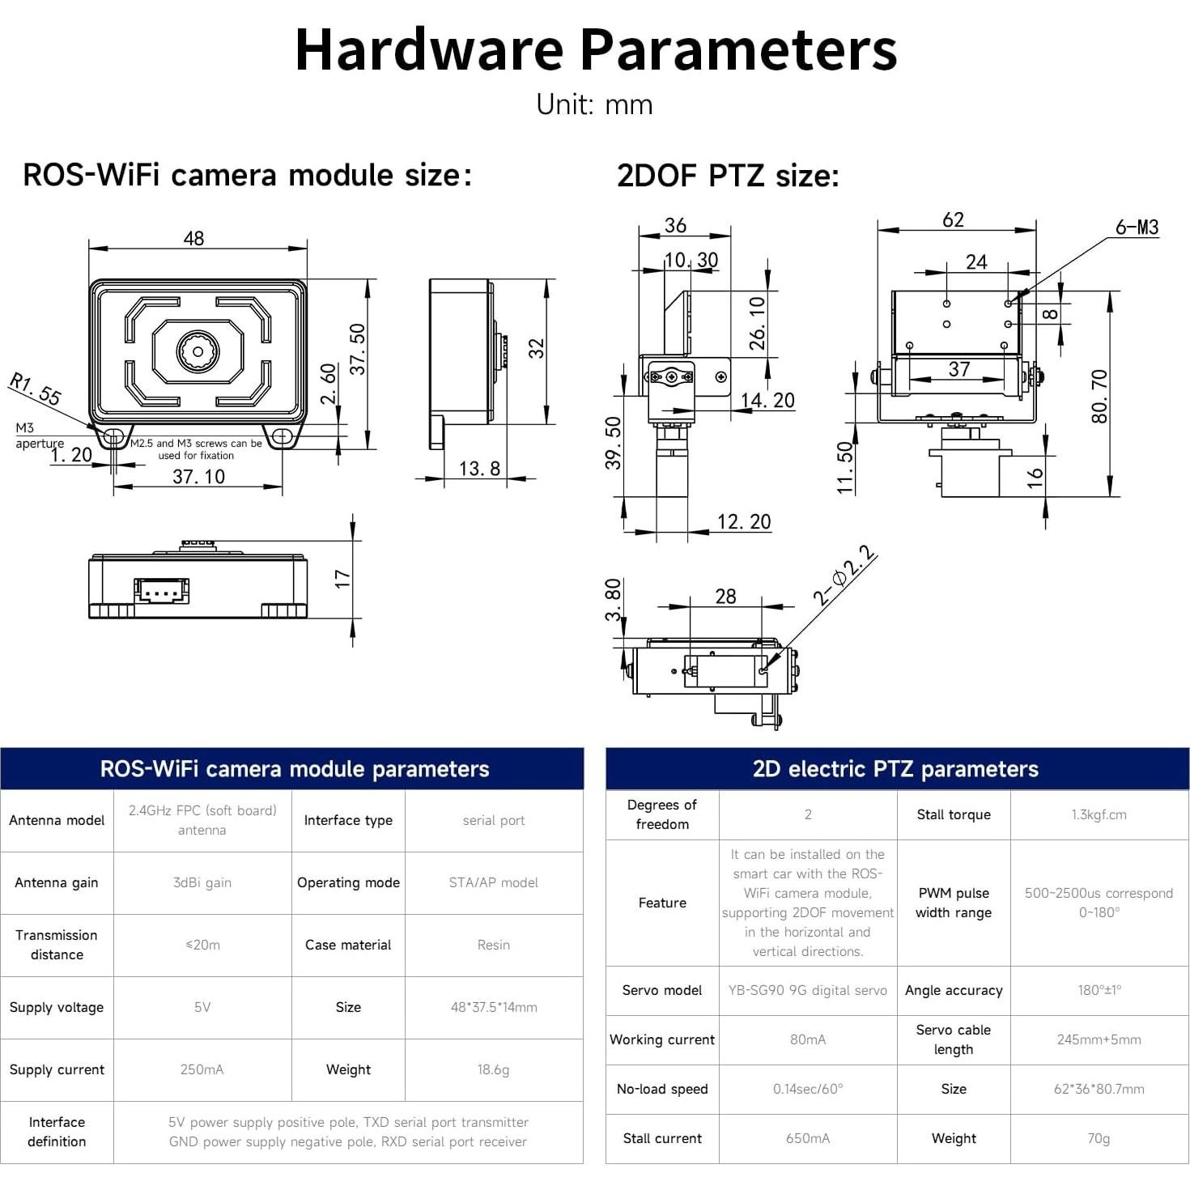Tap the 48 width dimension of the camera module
(193, 238)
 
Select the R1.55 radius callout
(36, 389)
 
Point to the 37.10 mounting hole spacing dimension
(198, 477)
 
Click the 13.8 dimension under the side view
(479, 469)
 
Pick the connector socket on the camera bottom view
(162, 591)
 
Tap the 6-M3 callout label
(1137, 227)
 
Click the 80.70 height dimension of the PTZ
(1099, 396)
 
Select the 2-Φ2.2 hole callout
(844, 576)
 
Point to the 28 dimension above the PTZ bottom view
(725, 597)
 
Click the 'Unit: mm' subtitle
(594, 104)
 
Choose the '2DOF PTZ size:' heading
(728, 176)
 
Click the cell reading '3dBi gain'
(202, 882)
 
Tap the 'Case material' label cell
(348, 945)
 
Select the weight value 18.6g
(493, 1069)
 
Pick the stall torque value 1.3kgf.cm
(1099, 814)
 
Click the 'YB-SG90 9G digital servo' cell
(807, 990)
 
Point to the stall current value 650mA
(807, 1138)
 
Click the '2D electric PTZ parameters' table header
(895, 769)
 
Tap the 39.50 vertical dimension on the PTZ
(614, 443)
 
